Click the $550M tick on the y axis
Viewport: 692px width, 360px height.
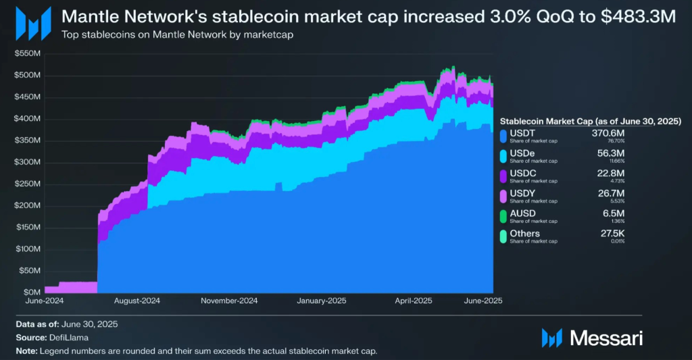(26, 53)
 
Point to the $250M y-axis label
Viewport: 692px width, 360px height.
(26, 184)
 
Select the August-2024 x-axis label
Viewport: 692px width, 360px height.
(137, 301)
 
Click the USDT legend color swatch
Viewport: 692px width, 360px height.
(502, 136)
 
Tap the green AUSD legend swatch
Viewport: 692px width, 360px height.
(502, 216)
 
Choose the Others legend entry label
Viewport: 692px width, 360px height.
(524, 234)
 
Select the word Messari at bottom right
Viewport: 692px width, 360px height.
(606, 337)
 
